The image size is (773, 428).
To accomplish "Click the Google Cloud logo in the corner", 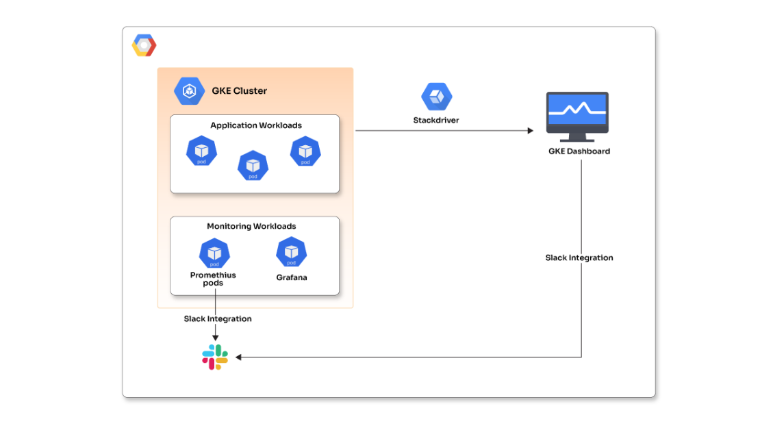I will [144, 45].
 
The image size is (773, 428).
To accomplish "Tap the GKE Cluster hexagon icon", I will [189, 91].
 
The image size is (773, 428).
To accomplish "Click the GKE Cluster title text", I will [239, 91].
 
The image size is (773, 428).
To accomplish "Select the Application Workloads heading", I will [255, 125].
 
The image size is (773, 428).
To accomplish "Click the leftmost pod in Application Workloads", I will [201, 151].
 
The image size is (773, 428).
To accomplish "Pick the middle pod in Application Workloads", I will [253, 165].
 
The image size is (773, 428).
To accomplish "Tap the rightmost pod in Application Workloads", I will [305, 151].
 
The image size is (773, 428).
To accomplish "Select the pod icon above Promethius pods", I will [214, 253].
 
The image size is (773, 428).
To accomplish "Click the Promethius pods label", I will [213, 279].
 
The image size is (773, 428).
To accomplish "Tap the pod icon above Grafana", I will [291, 252].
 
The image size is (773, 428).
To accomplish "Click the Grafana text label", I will [292, 277].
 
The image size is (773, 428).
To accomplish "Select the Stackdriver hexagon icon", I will [436, 97].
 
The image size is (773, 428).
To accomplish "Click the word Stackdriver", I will [436, 120].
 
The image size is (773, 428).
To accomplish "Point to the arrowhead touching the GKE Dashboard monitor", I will [530, 130].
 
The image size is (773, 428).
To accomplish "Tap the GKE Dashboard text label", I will [579, 151].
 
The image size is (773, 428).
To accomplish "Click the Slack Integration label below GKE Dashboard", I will [579, 257].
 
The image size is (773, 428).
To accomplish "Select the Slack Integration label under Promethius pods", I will [217, 318].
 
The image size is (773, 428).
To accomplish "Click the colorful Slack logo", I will [215, 357].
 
